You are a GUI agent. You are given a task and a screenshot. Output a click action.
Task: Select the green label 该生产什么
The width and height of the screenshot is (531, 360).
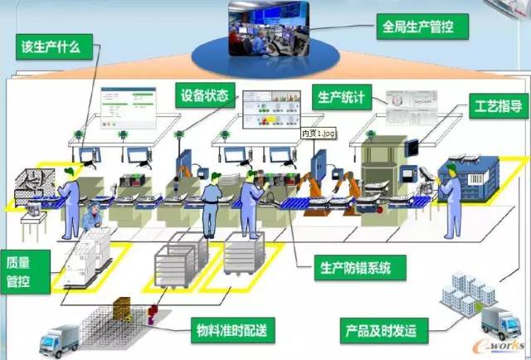49,46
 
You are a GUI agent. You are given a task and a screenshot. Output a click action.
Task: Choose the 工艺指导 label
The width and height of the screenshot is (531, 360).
498,105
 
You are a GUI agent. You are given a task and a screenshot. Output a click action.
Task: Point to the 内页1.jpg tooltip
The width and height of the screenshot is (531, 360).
316,133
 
